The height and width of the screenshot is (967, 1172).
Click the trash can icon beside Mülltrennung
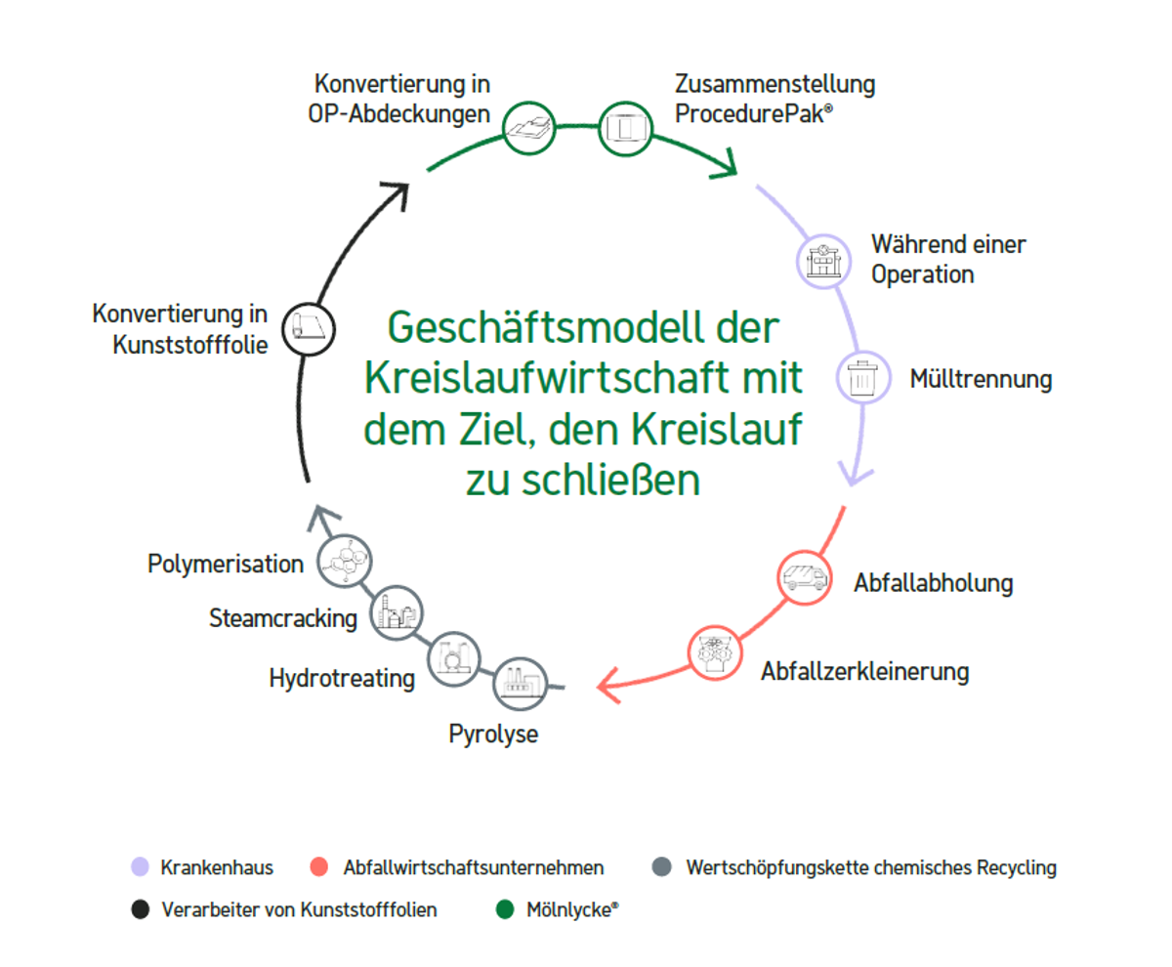863,378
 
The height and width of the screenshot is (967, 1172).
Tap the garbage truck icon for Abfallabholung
804,578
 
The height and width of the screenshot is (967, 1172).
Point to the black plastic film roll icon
309,326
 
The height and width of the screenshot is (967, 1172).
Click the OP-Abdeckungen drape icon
529,127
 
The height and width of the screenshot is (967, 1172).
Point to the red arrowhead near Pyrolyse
609,684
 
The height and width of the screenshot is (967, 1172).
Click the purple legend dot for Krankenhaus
140,866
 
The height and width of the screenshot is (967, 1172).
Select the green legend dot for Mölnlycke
505,910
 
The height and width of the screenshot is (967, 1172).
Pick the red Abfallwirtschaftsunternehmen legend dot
316,866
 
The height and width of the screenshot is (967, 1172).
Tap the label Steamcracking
282,618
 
